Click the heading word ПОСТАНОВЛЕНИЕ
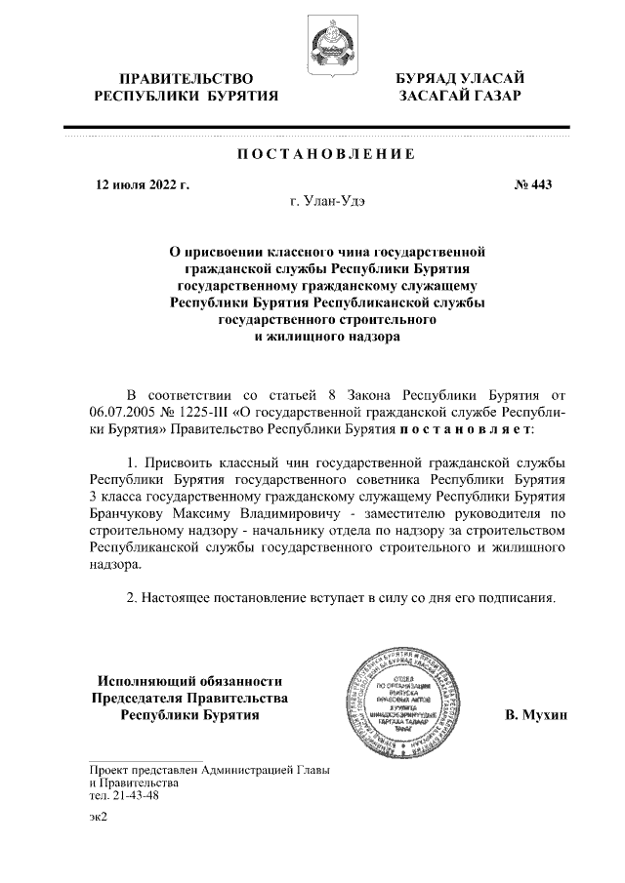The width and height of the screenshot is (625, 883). click(x=326, y=155)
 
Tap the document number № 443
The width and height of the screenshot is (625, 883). click(x=533, y=184)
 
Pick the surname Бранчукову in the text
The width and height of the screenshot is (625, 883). click(x=130, y=513)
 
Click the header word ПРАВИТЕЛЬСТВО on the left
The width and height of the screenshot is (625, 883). click(x=186, y=78)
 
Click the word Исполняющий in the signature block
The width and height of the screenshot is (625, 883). click(x=139, y=681)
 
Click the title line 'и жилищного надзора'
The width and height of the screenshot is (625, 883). click(x=327, y=337)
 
